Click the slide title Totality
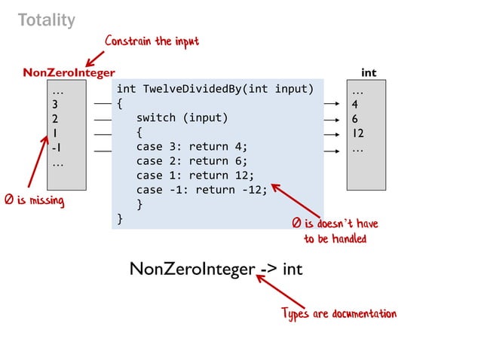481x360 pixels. pos(47,20)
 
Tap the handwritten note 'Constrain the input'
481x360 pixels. pos(152,41)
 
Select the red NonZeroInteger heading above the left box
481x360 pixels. pos(69,73)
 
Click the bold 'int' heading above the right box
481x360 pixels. pos(369,73)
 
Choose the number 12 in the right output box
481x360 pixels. pos(359,133)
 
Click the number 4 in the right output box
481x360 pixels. pos(355,104)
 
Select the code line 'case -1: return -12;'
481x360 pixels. pos(201,190)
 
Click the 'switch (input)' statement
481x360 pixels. pos(182,118)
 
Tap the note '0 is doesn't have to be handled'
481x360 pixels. pos(335,231)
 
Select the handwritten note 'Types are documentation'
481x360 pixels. pos(339,313)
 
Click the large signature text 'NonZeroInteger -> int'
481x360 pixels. pos(216,269)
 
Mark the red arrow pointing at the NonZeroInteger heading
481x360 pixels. pos(95,58)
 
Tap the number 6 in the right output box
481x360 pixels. pos(355,119)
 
